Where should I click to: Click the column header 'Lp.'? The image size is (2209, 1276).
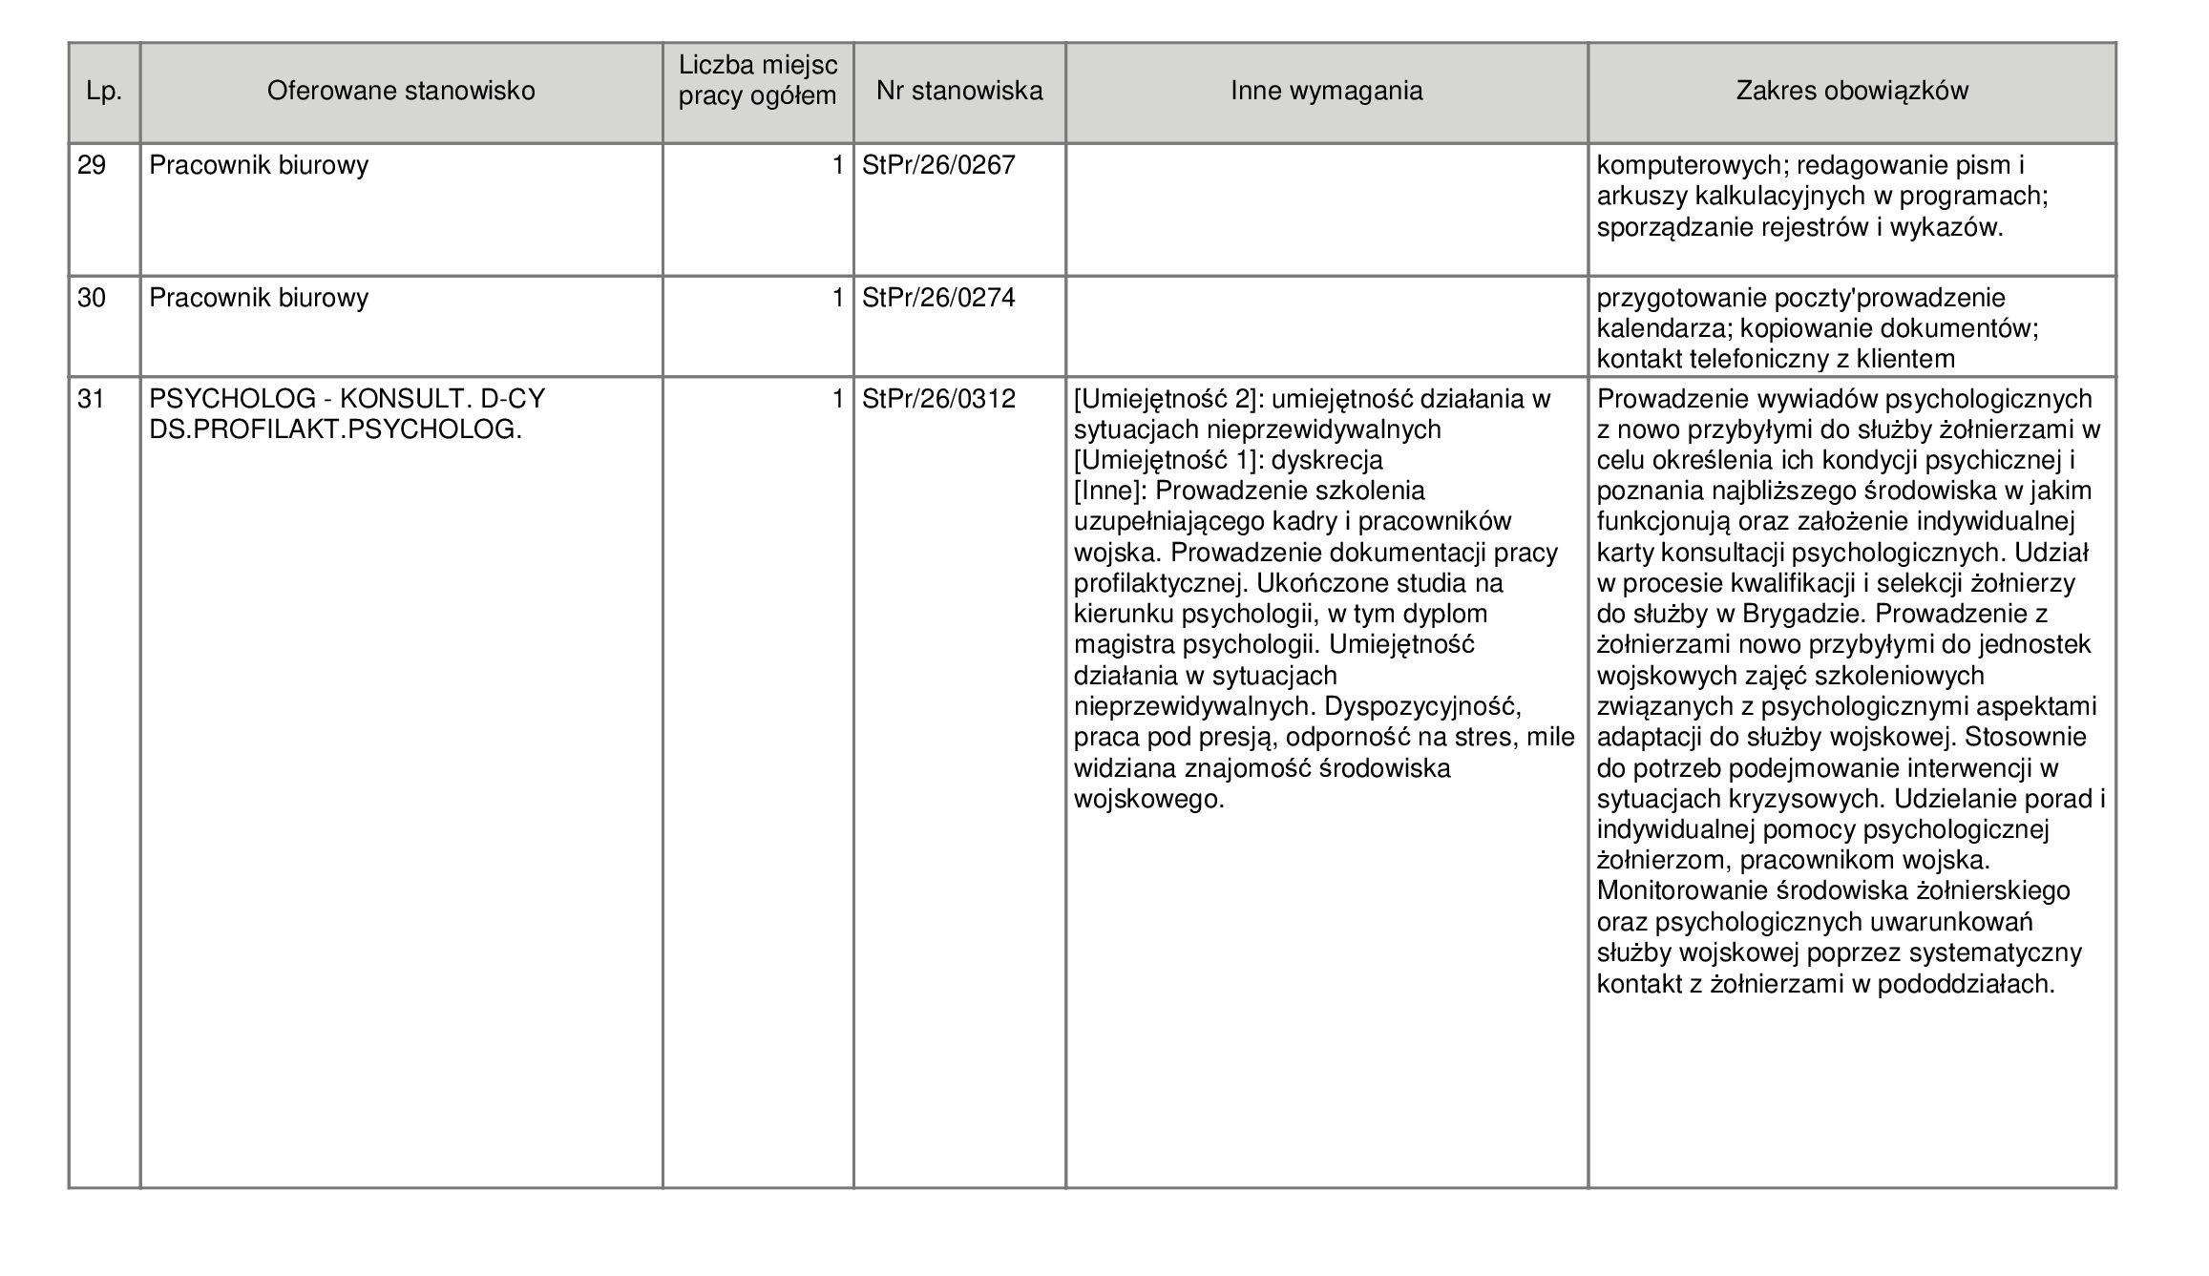(104, 92)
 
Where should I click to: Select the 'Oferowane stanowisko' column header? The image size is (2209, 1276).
(401, 92)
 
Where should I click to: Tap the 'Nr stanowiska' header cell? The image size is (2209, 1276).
(959, 92)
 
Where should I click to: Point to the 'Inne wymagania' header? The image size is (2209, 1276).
(1326, 92)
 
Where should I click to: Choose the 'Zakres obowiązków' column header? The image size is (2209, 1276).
(1852, 92)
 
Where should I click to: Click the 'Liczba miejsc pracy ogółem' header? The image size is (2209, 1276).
(758, 81)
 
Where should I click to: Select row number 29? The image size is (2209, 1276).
(92, 166)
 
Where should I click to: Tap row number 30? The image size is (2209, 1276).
(92, 299)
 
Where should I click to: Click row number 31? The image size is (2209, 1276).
(91, 399)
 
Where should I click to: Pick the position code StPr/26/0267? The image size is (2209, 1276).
(938, 166)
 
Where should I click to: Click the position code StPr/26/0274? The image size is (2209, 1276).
(938, 299)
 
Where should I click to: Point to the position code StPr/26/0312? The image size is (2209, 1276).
(938, 399)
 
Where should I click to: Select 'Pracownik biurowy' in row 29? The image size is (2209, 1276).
(259, 166)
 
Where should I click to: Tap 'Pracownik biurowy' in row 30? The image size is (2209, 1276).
(259, 299)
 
